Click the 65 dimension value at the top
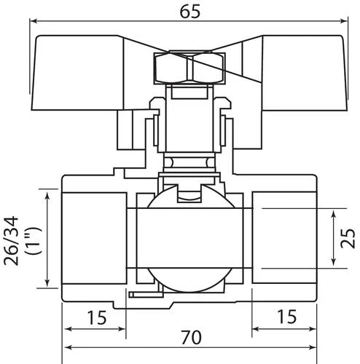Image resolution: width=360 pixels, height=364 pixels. (x=190, y=12)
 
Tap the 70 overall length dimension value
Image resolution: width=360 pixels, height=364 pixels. (x=191, y=337)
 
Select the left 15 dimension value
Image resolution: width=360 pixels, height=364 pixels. (x=97, y=317)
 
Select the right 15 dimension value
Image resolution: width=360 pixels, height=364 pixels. (x=287, y=317)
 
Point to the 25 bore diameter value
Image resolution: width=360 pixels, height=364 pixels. (x=348, y=238)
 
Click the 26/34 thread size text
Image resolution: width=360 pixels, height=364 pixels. (x=11, y=241)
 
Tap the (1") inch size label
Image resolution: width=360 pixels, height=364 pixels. (x=34, y=241)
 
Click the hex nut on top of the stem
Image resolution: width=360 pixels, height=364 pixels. (x=189, y=68)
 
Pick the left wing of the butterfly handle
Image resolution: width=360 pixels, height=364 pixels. (x=78, y=73)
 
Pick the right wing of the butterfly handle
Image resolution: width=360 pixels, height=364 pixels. (x=305, y=73)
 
